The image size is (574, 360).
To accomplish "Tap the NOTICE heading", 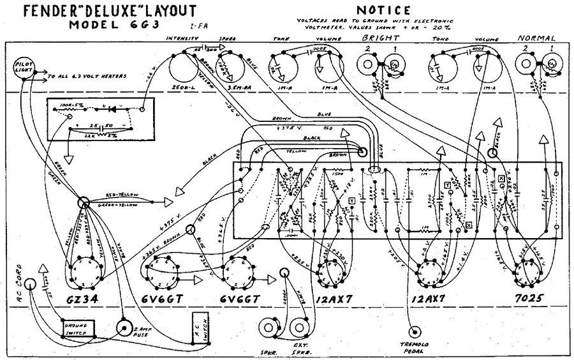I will [383, 10].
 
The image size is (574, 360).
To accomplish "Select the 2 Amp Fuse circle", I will [125, 328].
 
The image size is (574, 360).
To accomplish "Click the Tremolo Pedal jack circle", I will [416, 333].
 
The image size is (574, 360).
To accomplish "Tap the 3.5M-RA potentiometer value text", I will [231, 86].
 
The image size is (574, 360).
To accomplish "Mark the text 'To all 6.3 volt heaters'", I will [87, 77].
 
